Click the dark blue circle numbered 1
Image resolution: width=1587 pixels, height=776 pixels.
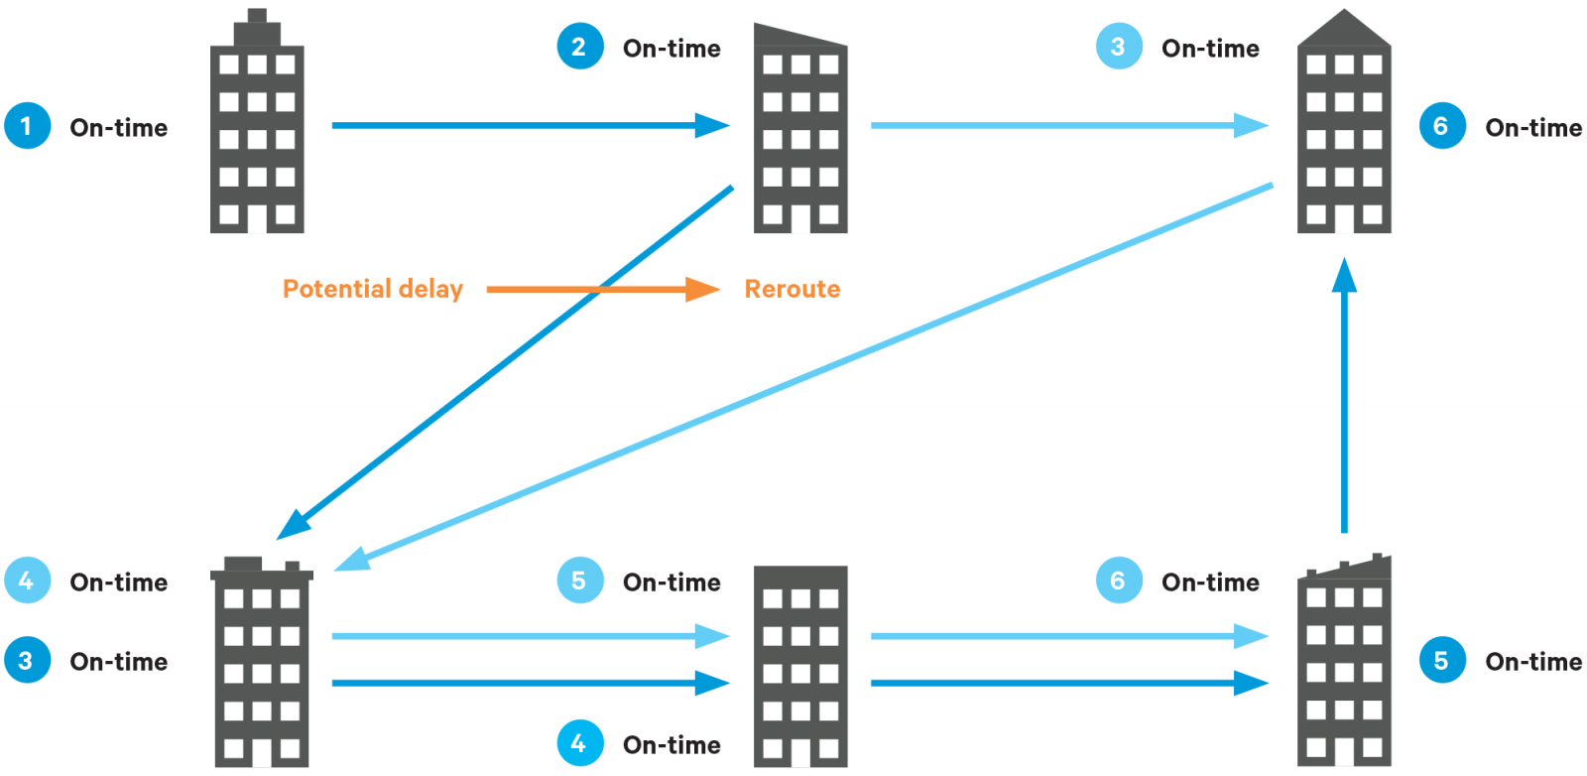point(27,126)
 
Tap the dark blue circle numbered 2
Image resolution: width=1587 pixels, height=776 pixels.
point(579,47)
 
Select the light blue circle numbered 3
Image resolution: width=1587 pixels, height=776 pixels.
point(1118,47)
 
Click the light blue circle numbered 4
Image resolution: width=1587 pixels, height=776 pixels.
point(27,581)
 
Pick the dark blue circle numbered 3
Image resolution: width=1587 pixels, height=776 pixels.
point(27,660)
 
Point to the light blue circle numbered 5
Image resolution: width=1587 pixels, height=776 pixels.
point(579,581)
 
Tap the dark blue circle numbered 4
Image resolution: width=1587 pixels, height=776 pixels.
point(579,743)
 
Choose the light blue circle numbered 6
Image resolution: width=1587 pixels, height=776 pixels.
point(1118,581)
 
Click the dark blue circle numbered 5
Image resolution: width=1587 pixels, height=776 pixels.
point(1441,660)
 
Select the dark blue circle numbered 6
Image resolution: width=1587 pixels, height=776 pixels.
point(1441,126)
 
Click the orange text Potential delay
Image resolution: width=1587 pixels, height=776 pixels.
point(372,289)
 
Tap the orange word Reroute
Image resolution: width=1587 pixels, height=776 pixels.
point(792,289)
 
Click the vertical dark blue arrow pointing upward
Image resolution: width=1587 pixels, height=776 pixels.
point(1344,397)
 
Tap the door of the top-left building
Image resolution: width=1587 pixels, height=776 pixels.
point(257,217)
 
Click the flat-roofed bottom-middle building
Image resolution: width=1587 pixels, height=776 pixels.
point(800,665)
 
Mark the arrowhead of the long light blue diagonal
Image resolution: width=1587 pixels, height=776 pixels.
point(351,560)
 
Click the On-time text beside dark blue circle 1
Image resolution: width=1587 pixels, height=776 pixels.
point(118,127)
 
